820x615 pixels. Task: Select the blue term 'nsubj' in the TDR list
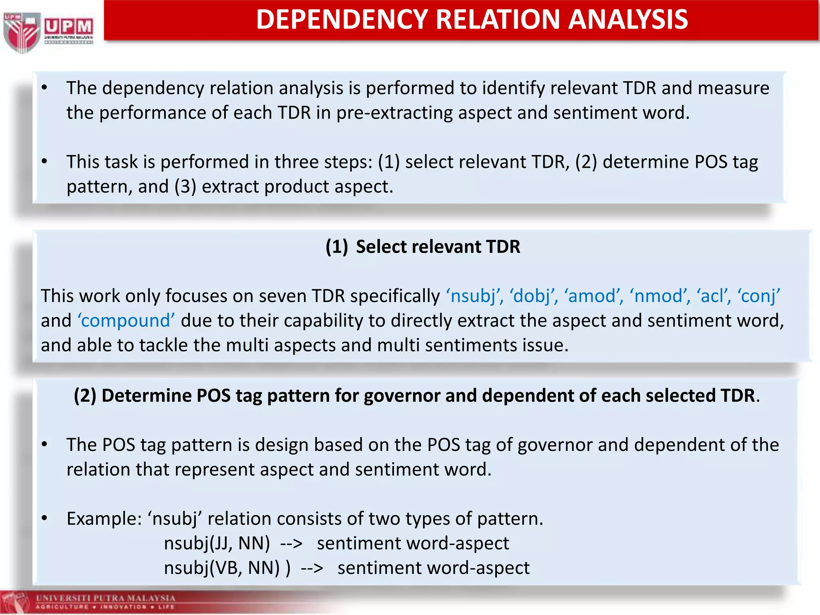pos(474,296)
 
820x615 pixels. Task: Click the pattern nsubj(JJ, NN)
pos(217,544)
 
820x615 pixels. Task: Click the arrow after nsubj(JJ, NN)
pos(291,544)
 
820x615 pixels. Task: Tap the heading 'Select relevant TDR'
pos(438,247)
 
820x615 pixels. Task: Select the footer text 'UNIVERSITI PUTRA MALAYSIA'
pos(105,598)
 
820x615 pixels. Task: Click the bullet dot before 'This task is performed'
pos(44,161)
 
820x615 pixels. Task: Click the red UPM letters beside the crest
pos(68,27)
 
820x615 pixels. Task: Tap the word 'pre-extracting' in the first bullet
pos(394,113)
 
